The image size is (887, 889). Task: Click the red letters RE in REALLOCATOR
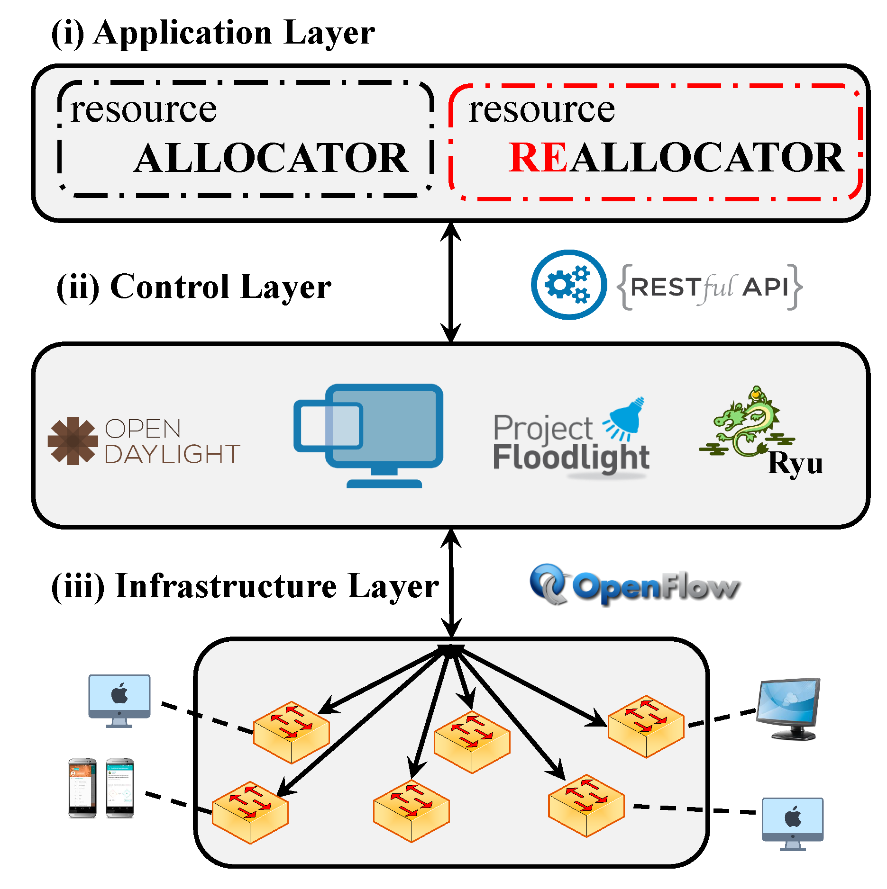coord(538,158)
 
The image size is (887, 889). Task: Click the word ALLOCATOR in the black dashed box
coord(271,158)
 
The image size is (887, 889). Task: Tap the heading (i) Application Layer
coord(213,33)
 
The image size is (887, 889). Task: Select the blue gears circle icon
coord(568,285)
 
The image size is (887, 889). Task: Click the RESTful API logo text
coord(710,287)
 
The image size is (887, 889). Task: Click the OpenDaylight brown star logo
coord(73,440)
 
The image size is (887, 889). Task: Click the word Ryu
coord(795,463)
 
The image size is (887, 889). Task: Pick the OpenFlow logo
coord(634,585)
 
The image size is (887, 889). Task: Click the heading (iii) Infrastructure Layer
coord(245,586)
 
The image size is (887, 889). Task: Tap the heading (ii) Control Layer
coord(193,287)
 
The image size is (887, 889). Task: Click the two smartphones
coord(101,788)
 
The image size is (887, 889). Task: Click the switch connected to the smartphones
coord(250,812)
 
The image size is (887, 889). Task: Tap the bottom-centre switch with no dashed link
coord(411,810)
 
